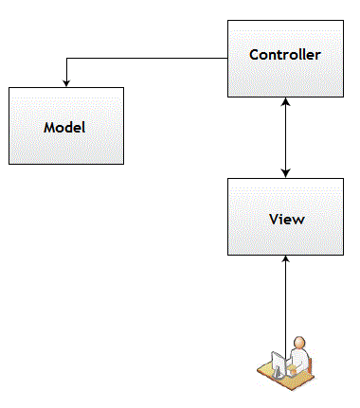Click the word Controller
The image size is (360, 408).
click(x=284, y=54)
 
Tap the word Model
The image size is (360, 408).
click(x=64, y=126)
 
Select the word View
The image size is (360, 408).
click(x=285, y=219)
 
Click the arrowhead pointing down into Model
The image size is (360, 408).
click(x=65, y=82)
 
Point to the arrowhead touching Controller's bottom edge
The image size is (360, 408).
click(x=285, y=103)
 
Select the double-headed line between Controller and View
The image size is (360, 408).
click(x=285, y=137)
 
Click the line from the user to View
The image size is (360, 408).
click(x=285, y=303)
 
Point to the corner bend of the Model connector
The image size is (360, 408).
click(x=65, y=59)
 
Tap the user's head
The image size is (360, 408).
click(x=299, y=344)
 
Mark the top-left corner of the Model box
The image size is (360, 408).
click(x=9, y=88)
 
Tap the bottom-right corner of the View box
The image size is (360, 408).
click(x=342, y=255)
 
